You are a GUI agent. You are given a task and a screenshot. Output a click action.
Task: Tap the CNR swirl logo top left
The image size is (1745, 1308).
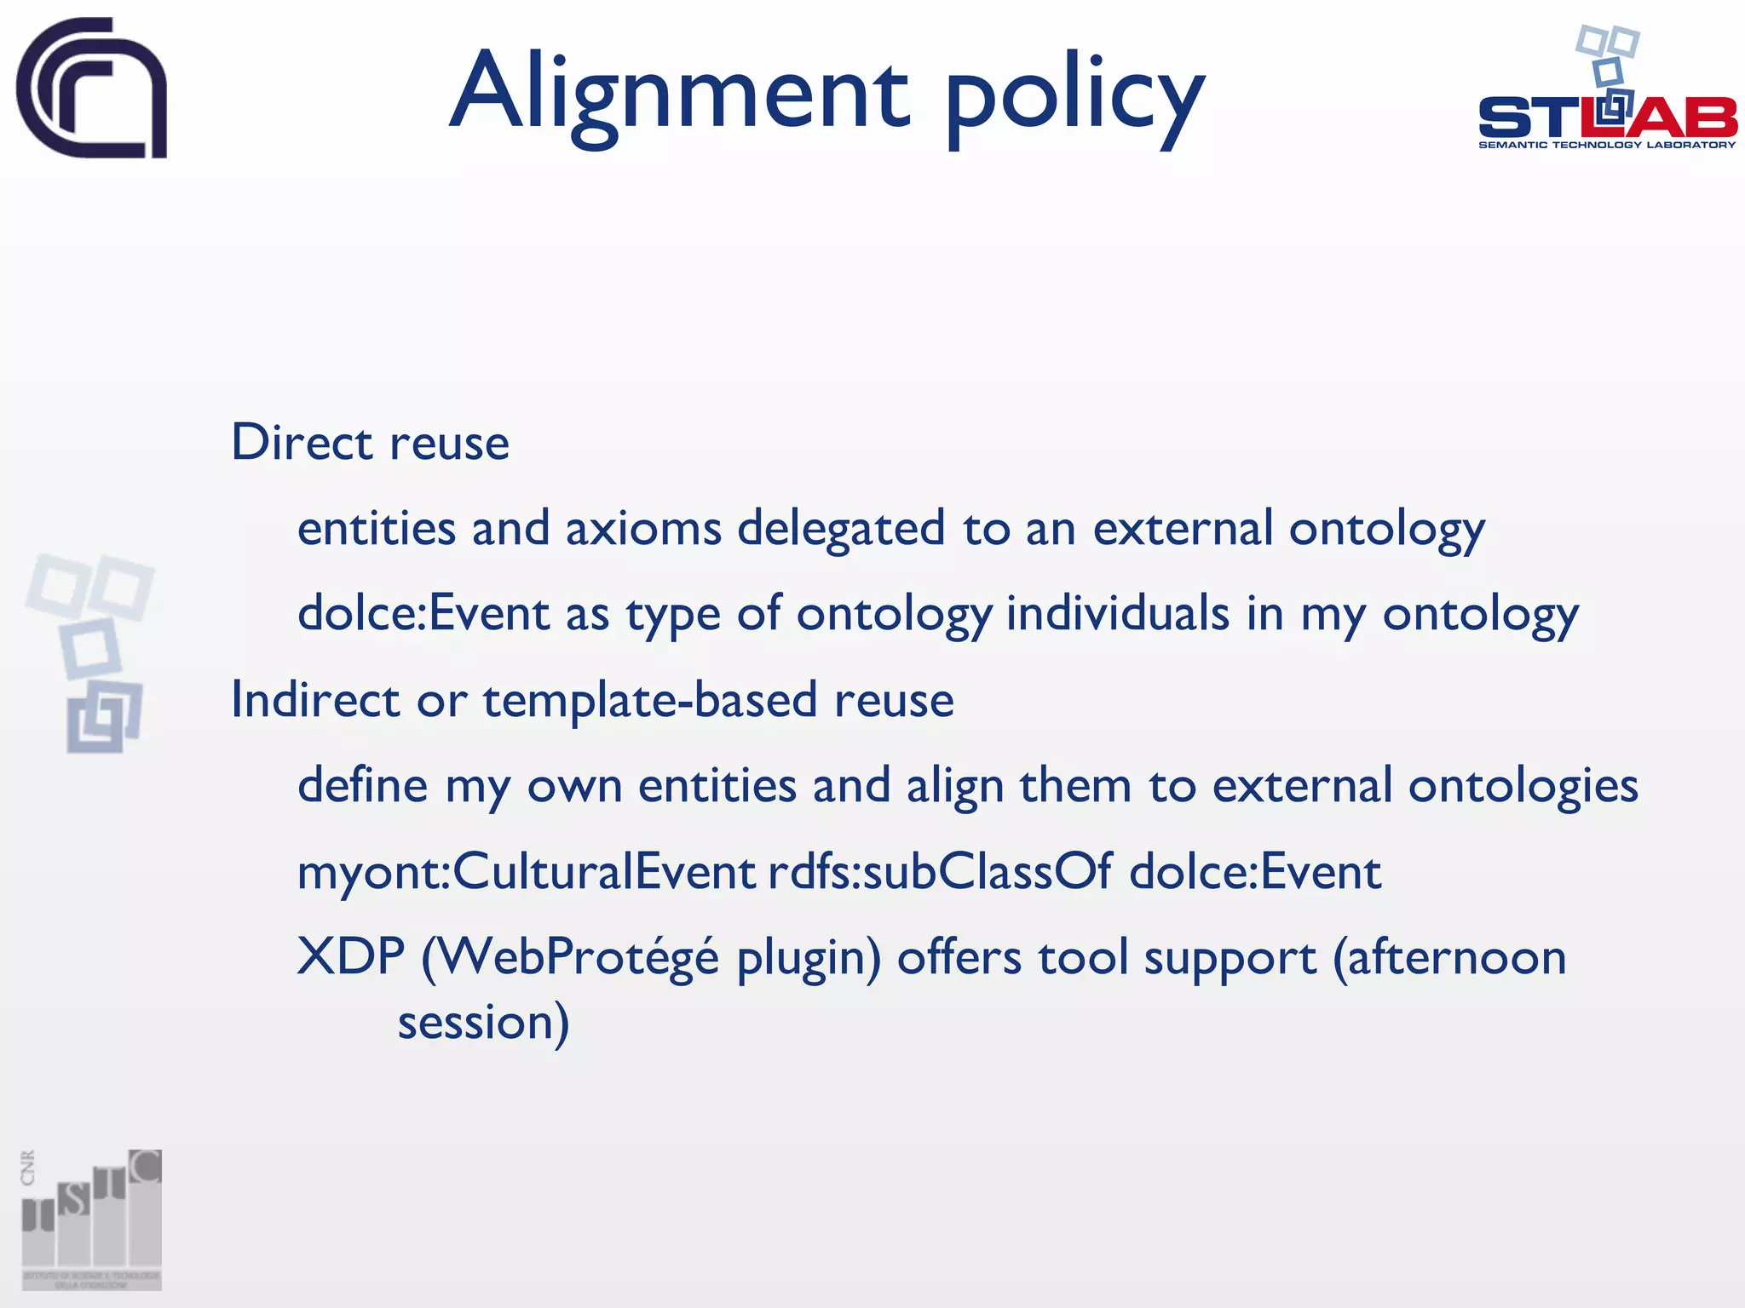(x=91, y=88)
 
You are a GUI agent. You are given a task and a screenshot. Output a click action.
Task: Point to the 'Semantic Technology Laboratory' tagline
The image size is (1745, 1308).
(x=1606, y=145)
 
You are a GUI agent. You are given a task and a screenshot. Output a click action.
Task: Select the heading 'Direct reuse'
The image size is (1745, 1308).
(x=370, y=443)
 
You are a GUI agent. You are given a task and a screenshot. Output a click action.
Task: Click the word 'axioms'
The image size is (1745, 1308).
(x=643, y=528)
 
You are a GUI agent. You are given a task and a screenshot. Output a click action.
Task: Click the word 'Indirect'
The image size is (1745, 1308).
(x=315, y=700)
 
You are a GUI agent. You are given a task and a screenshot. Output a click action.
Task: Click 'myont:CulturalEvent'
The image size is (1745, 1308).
(x=526, y=872)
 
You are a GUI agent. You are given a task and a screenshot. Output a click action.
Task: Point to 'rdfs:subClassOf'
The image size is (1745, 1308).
(x=940, y=872)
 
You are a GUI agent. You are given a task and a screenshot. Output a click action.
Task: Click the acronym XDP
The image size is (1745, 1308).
(x=350, y=957)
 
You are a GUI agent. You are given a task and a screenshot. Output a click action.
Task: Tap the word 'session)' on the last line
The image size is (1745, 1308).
(x=483, y=1023)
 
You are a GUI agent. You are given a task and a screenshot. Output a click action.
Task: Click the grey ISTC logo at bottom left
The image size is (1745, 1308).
(x=91, y=1219)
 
